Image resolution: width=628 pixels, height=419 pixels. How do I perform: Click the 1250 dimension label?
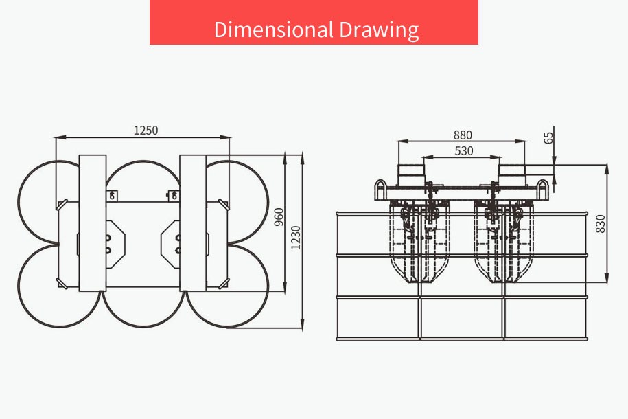click(x=146, y=131)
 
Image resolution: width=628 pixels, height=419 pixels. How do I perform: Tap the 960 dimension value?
click(x=279, y=216)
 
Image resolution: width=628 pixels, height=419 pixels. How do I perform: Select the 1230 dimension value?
click(x=296, y=238)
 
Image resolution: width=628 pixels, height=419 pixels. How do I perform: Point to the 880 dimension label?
click(x=463, y=135)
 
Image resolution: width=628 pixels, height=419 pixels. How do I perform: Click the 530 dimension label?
click(x=464, y=150)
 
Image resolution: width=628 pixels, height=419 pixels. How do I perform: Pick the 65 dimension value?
click(x=548, y=137)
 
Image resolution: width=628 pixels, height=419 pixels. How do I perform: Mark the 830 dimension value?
click(x=601, y=224)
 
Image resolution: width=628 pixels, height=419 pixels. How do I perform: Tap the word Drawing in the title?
click(x=379, y=30)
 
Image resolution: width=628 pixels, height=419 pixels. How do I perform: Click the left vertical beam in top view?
click(x=93, y=223)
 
